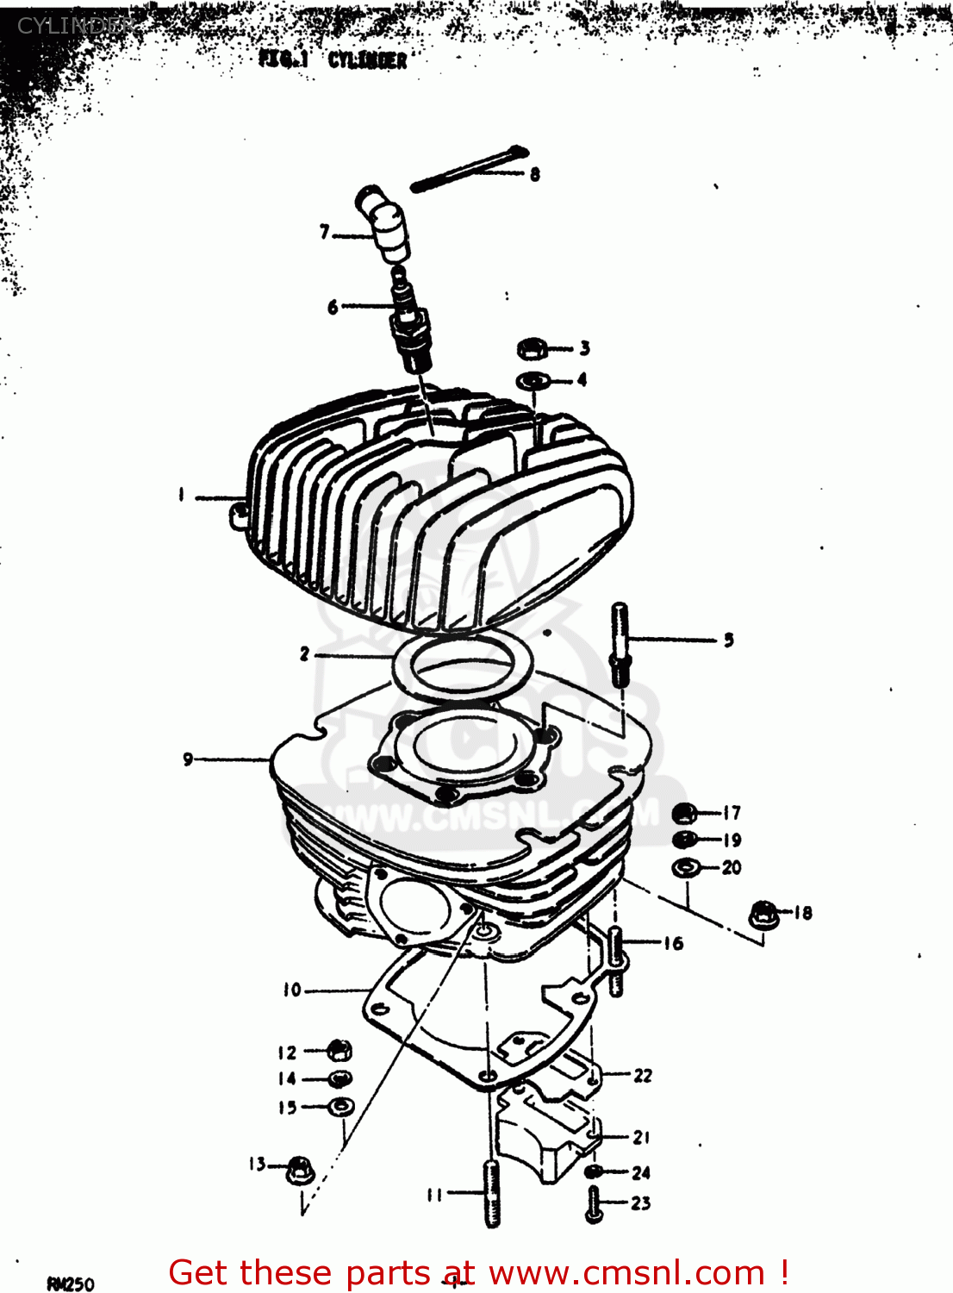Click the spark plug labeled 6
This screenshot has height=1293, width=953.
[408, 323]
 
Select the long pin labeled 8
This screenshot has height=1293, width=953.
[470, 169]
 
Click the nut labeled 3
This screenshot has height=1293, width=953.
[532, 349]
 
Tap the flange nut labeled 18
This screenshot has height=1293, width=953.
[763, 915]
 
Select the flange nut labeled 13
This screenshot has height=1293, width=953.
[299, 1169]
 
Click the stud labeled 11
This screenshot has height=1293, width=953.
[492, 1192]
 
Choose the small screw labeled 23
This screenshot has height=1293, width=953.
[593, 1203]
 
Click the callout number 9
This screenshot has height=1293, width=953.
[188, 759]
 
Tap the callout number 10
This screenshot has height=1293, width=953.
[292, 990]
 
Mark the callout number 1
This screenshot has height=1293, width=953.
[181, 495]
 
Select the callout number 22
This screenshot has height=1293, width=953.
[643, 1075]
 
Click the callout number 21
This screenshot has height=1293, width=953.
[641, 1138]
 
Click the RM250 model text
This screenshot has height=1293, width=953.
[71, 1284]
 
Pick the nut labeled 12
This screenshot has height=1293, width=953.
[339, 1051]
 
